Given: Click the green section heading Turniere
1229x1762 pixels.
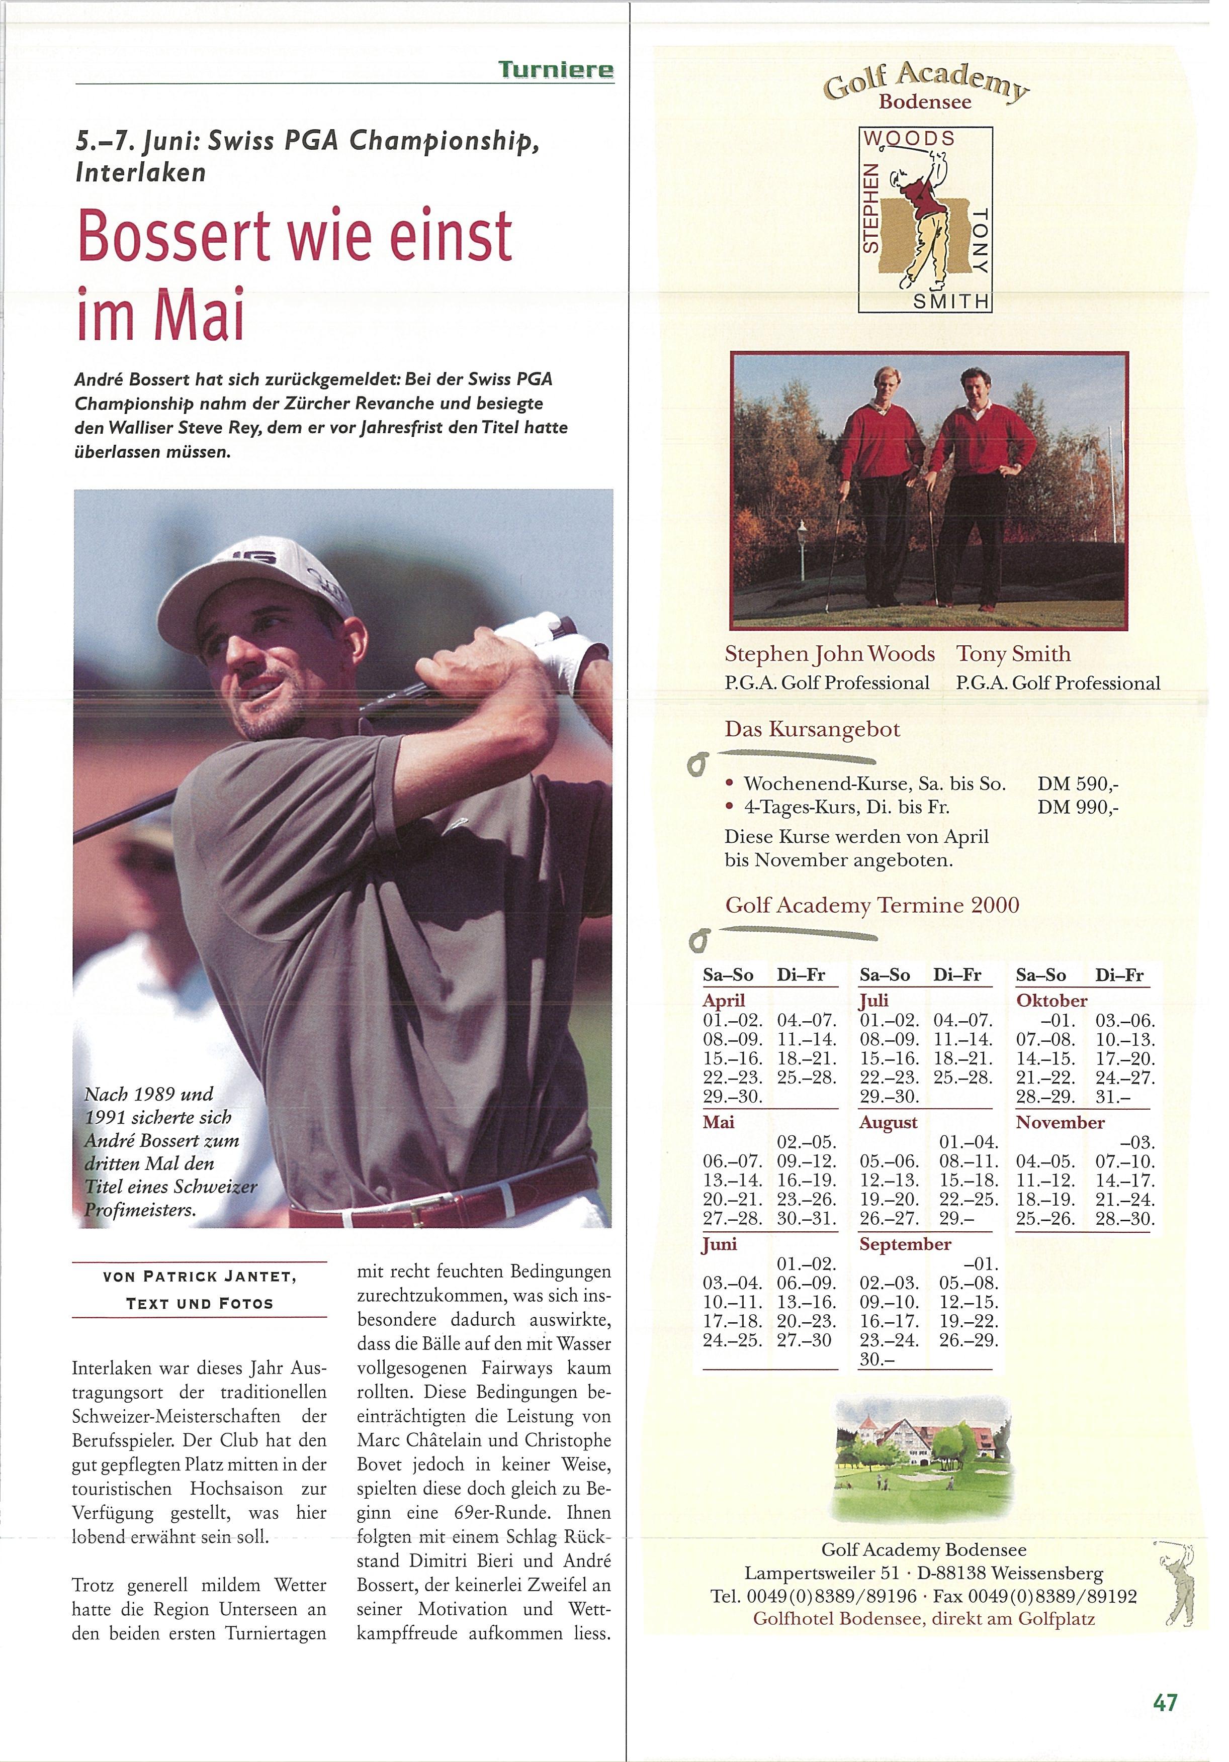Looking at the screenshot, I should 556,70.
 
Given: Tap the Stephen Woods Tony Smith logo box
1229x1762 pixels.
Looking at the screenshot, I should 925,220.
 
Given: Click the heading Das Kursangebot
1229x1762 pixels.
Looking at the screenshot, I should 812,729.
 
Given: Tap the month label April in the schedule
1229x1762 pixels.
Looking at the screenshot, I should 724,1001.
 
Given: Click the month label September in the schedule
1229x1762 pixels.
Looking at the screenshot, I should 905,1244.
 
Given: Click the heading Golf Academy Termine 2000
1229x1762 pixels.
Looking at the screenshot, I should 872,906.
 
